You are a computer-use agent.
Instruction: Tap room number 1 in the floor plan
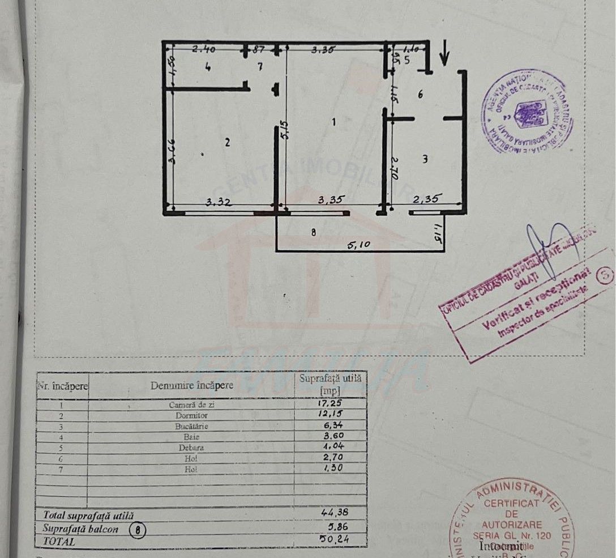(334, 121)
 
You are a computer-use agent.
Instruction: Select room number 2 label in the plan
(227, 143)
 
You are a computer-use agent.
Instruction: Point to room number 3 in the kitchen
(425, 160)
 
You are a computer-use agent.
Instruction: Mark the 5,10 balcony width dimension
(359, 246)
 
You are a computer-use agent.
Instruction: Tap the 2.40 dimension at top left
(203, 50)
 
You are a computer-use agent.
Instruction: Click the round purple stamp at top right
(527, 112)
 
